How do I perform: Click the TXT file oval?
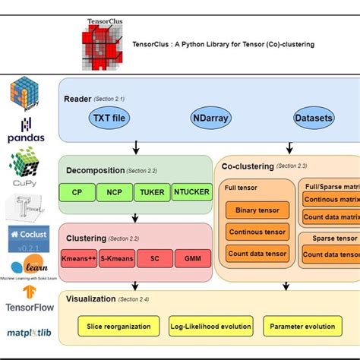coord(110,118)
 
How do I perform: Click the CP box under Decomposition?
coord(77,192)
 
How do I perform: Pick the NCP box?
coord(115,192)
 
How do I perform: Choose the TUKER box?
coord(152,192)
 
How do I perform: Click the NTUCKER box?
coord(191,192)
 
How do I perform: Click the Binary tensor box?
coord(257,210)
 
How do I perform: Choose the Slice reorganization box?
coord(118,326)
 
